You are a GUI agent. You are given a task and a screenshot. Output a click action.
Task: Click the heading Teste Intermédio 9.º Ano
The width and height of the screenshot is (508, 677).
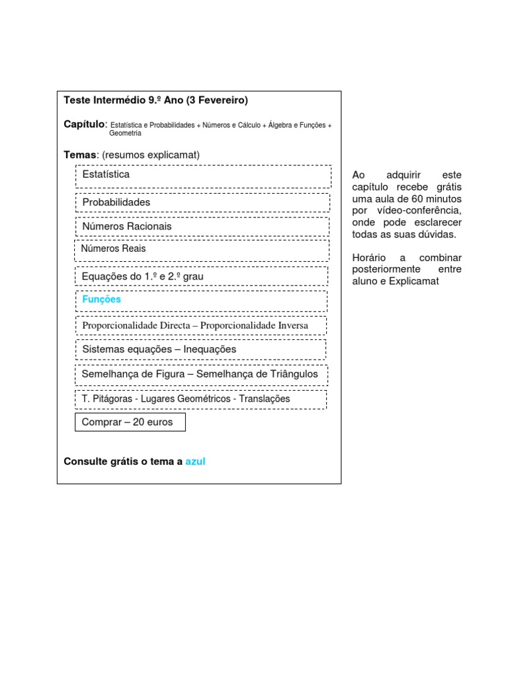124,100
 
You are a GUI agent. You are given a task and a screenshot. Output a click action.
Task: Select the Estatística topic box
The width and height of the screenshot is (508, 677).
202,176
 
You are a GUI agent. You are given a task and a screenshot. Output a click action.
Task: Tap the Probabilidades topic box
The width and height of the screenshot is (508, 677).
202,202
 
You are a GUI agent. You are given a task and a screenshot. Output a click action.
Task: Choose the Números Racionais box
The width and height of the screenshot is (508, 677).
202,227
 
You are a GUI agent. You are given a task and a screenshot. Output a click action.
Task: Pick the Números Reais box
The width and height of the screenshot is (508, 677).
202,249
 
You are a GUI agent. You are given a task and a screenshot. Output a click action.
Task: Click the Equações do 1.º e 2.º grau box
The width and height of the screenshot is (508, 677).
202,276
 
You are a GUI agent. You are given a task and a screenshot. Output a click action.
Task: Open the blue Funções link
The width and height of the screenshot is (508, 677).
102,299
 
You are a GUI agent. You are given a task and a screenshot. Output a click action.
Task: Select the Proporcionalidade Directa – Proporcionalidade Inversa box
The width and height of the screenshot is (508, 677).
201,326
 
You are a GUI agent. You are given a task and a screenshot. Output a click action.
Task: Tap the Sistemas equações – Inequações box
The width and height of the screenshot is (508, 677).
200,350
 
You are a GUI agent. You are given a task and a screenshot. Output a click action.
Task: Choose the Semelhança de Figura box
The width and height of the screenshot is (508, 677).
200,375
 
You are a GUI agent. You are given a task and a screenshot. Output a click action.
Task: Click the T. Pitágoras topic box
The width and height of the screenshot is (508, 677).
200,399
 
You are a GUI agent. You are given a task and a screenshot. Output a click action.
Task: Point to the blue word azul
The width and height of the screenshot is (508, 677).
196,461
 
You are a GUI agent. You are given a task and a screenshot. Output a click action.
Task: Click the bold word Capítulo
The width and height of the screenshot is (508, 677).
84,124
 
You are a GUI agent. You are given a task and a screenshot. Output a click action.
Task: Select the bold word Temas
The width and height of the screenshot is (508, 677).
79,155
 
